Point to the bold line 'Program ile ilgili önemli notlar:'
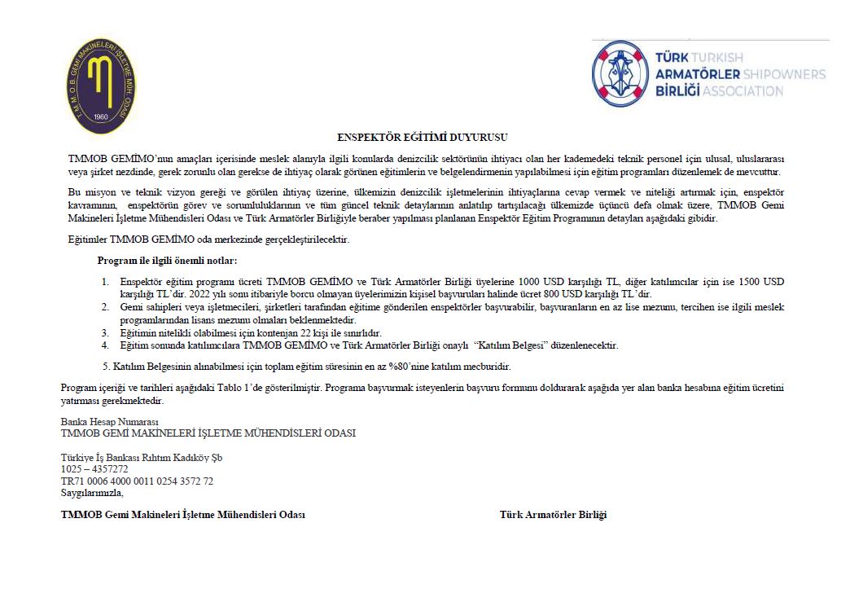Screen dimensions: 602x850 [x=167, y=261]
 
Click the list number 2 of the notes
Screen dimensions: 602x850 [x=105, y=306]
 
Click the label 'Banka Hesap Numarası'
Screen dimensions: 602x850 [x=110, y=422]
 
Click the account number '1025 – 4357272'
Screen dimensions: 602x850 [x=94, y=469]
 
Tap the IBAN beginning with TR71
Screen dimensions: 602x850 [x=137, y=481]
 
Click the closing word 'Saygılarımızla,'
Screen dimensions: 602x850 [x=92, y=493]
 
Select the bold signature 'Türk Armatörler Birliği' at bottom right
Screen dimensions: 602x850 [x=553, y=515]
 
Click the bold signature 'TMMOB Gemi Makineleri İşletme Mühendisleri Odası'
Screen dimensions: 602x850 [x=183, y=515]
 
